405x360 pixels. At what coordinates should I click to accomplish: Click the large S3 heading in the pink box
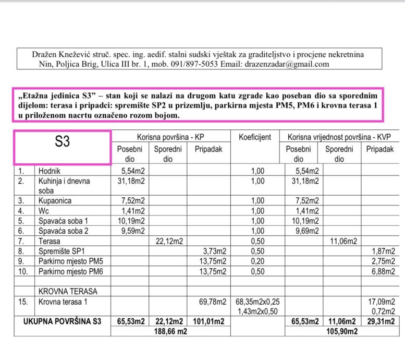[x=62, y=141]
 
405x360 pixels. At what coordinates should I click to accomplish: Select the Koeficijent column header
[x=255, y=137]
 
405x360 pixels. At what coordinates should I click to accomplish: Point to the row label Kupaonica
[x=55, y=201]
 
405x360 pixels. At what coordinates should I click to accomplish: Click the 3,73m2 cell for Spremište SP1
[x=214, y=250]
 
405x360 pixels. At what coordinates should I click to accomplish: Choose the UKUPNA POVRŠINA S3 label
[x=62, y=321]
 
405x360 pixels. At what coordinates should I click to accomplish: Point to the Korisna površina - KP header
[x=170, y=137]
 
